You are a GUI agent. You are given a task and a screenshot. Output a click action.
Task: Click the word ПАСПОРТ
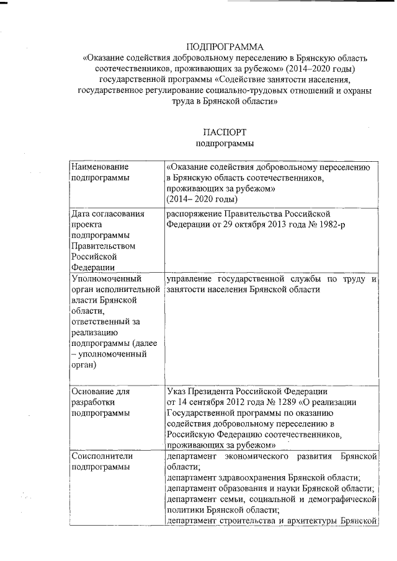point(225,132)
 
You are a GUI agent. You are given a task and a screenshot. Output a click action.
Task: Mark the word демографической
point(345,499)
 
